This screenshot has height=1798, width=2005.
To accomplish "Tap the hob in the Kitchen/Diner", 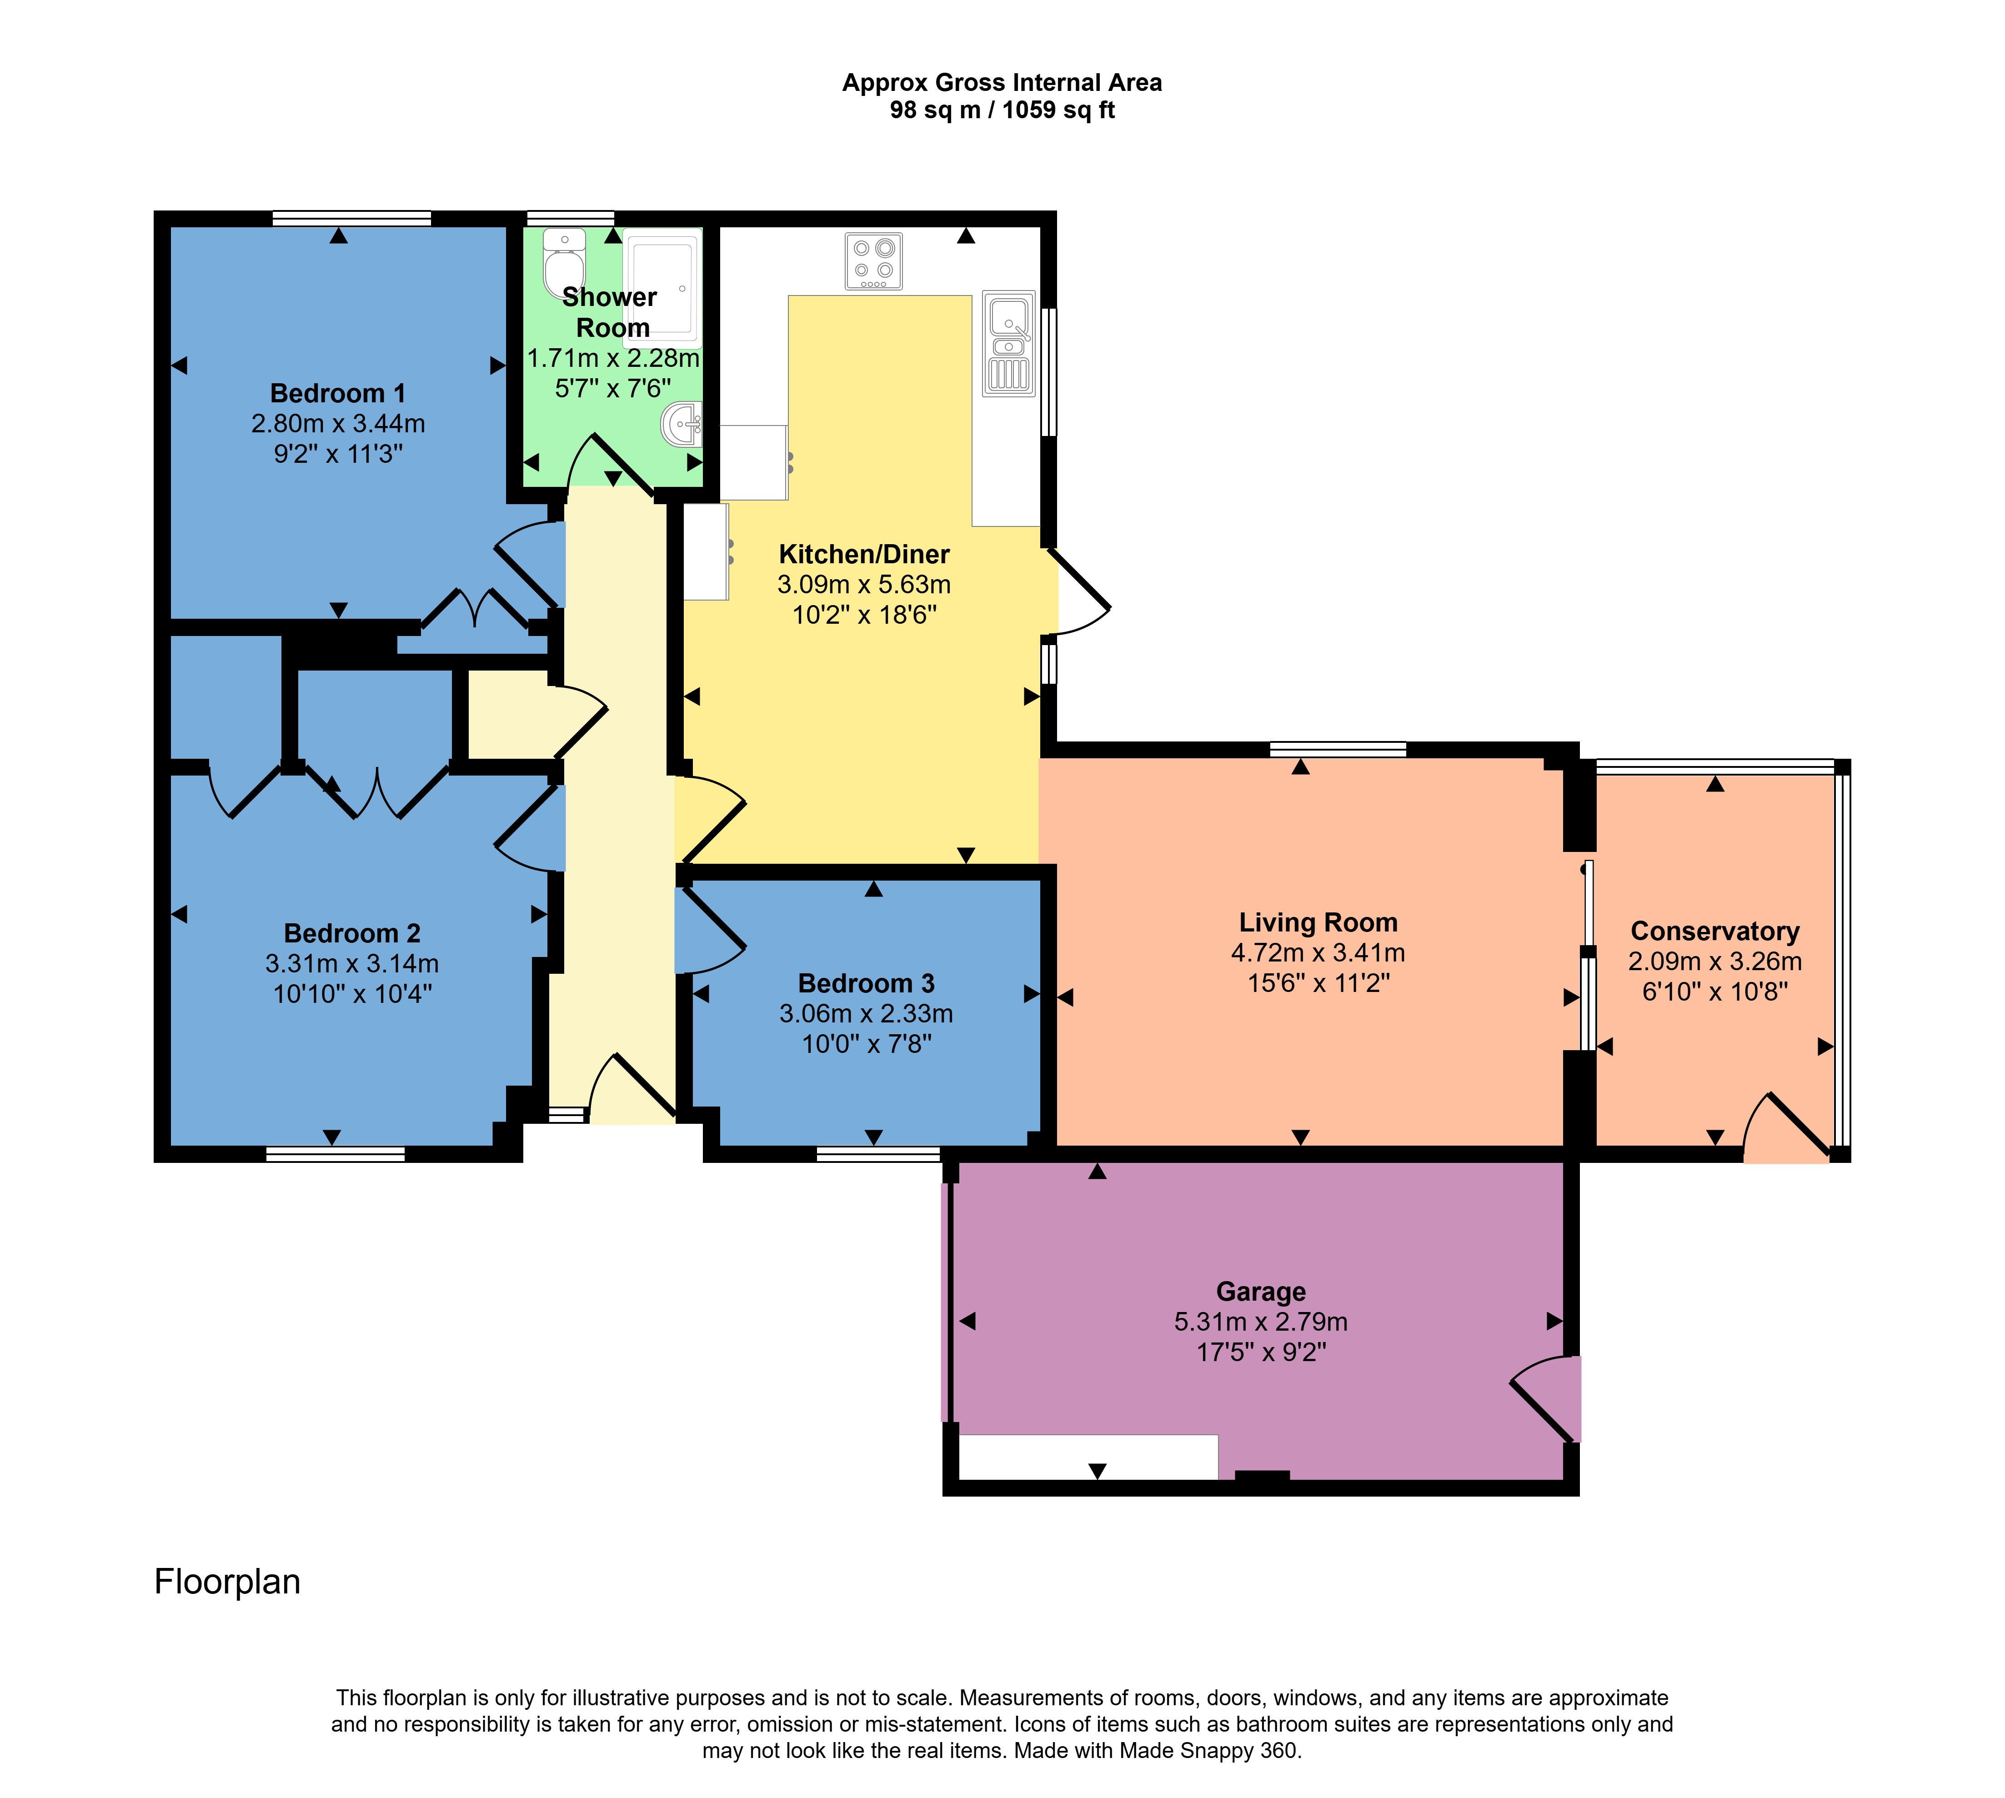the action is click(x=873, y=261).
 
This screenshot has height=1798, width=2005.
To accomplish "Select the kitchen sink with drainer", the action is click(x=1009, y=344).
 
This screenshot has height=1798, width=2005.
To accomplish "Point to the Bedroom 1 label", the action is click(x=338, y=393).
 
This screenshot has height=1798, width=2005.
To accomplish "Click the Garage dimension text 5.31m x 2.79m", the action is click(x=1261, y=1322).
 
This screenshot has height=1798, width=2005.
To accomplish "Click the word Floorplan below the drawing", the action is click(x=227, y=1582).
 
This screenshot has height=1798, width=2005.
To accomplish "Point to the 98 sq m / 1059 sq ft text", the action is click(x=1002, y=110).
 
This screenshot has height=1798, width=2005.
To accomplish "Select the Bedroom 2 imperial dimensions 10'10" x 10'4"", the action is click(x=353, y=994).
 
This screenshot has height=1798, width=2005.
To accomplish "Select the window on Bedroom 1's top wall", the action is click(x=352, y=218).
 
